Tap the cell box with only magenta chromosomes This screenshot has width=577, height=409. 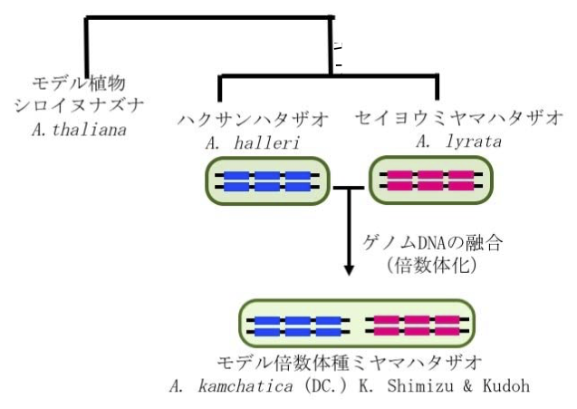[423, 180]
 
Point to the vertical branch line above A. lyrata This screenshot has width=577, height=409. [437, 87]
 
